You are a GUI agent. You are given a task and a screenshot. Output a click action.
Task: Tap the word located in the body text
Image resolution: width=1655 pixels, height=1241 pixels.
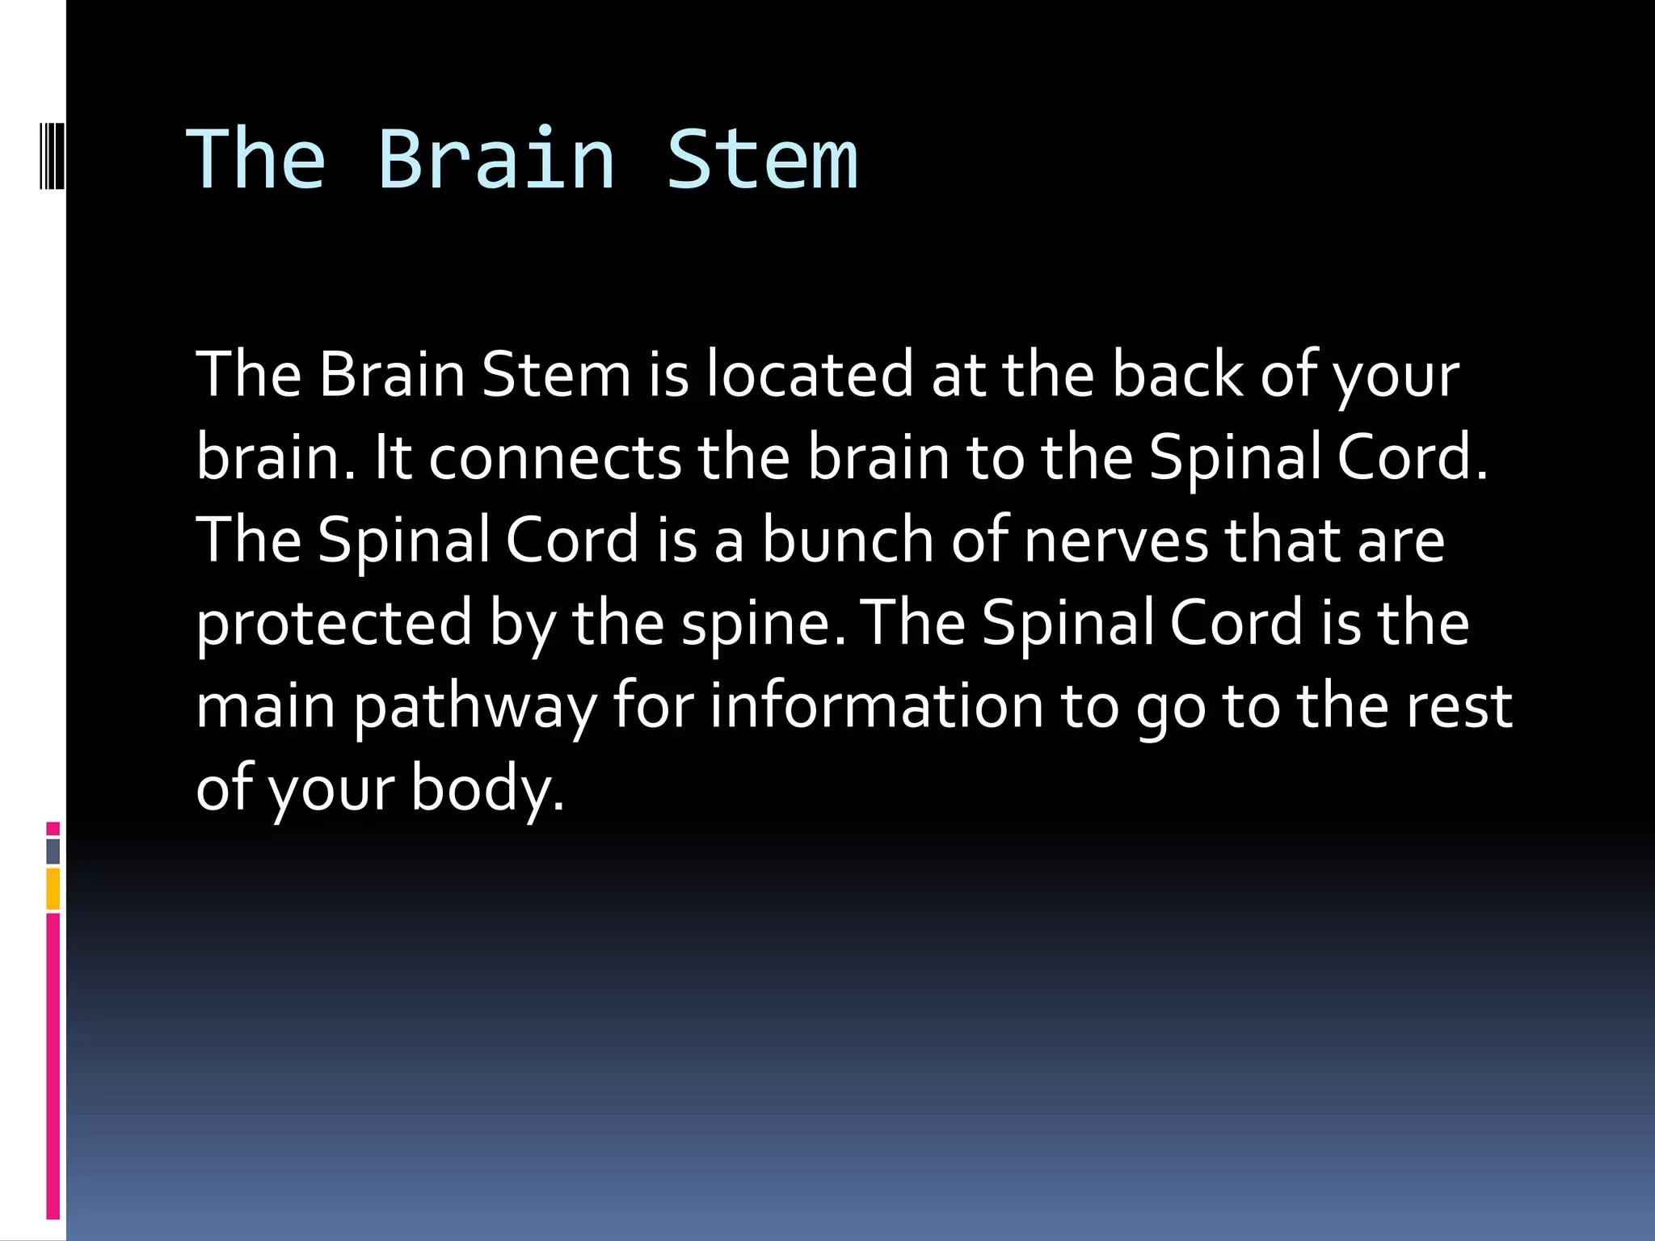(x=809, y=375)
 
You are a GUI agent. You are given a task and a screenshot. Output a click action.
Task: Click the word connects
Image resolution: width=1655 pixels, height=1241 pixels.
(x=554, y=458)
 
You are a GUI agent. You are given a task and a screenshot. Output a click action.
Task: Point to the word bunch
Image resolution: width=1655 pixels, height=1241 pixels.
(x=848, y=541)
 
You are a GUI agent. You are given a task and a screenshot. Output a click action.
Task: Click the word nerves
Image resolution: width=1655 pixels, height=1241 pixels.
(x=1116, y=541)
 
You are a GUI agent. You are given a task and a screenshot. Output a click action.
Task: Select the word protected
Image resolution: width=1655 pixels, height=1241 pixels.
(x=334, y=624)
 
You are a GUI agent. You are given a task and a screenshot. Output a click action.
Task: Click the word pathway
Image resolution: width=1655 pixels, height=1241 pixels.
(x=474, y=707)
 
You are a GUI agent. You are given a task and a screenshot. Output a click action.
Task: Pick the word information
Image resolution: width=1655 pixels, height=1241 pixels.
(x=876, y=707)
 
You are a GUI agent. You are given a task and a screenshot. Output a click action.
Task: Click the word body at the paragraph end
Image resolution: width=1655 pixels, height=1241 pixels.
(x=486, y=789)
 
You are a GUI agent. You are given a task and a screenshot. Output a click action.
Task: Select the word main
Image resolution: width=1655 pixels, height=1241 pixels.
(x=265, y=707)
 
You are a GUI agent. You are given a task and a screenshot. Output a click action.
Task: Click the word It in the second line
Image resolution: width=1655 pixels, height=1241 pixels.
(x=392, y=458)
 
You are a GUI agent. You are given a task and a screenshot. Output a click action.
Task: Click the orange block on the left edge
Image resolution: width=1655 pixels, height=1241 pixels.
(x=53, y=889)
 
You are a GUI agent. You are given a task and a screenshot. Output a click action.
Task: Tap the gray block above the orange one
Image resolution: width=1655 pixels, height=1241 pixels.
(x=53, y=851)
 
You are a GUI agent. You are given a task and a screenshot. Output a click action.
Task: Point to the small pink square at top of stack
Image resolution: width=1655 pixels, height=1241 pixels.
(x=53, y=828)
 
